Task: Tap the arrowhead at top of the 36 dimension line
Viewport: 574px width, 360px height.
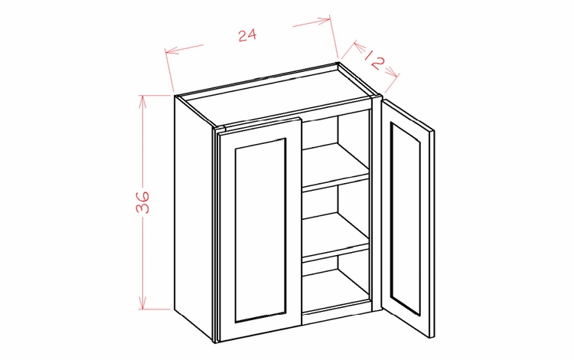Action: (x=141, y=99)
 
